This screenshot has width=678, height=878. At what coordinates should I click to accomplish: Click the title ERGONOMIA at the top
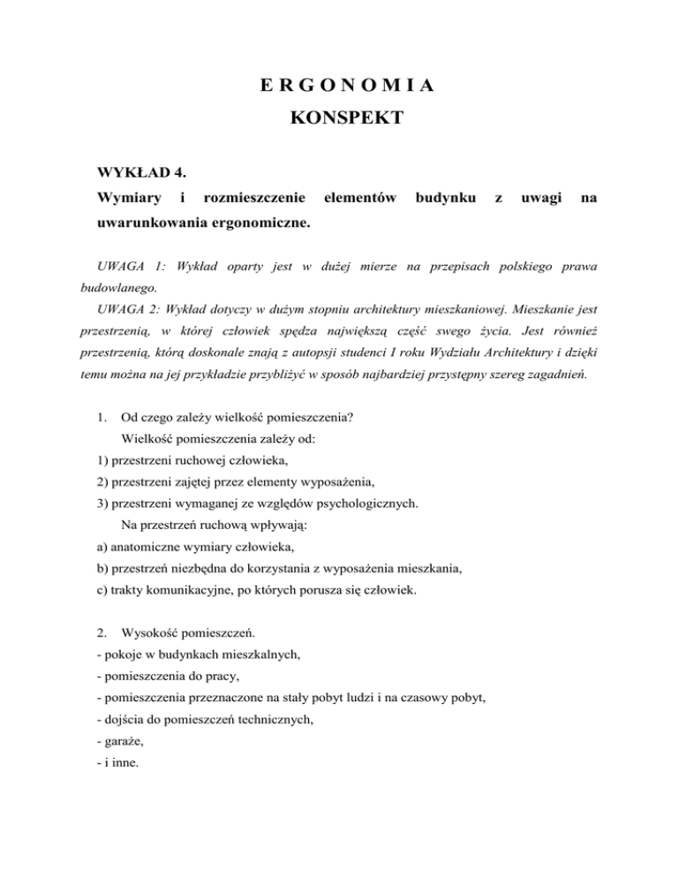tap(339, 87)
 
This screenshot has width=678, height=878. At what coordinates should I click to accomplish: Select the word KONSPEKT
tap(339, 117)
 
